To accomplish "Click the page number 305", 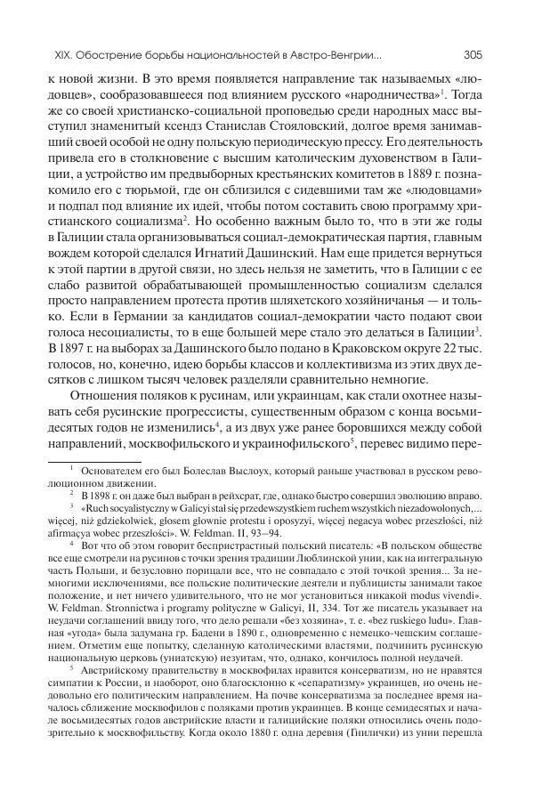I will [x=472, y=54].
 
